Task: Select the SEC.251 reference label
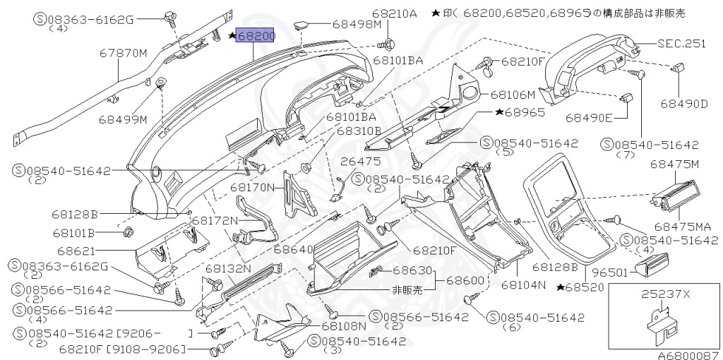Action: tap(681, 43)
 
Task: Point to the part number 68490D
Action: tap(683, 104)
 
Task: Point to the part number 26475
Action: tap(360, 162)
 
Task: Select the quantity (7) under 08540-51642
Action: tap(626, 154)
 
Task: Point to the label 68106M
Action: tap(513, 93)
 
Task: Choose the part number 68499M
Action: tap(123, 119)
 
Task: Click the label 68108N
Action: tap(344, 326)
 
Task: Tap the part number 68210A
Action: tap(395, 13)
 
